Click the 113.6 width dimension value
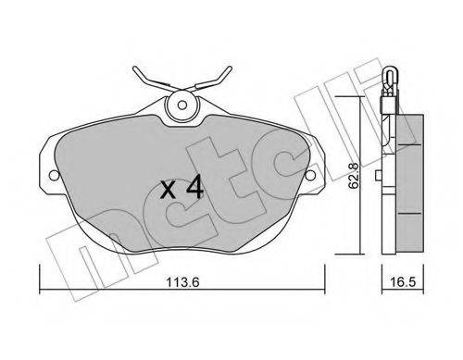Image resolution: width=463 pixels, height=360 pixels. (183, 281)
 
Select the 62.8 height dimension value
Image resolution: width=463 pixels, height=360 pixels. (353, 176)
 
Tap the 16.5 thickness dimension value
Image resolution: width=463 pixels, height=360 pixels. (403, 281)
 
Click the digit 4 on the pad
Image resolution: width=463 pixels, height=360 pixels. (194, 186)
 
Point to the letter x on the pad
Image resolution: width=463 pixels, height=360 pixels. (169, 190)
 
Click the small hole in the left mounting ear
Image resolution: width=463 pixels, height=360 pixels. (54, 176)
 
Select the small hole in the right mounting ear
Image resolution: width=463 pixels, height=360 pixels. (311, 176)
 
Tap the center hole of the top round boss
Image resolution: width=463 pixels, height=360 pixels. (182, 106)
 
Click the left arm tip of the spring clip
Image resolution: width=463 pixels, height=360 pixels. (135, 68)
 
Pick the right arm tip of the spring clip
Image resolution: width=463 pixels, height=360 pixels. (230, 68)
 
